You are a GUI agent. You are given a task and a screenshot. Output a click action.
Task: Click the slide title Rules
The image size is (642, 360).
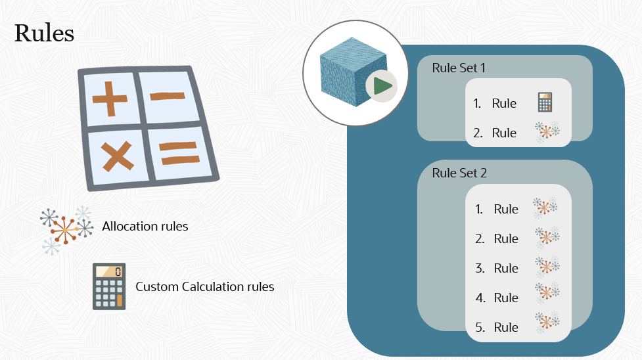coord(44,33)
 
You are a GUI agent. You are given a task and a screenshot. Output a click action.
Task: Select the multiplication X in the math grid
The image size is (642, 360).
coord(116,158)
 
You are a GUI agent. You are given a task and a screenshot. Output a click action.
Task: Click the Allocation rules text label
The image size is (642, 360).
coord(145,227)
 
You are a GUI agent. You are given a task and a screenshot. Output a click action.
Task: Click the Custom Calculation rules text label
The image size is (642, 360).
coord(205,286)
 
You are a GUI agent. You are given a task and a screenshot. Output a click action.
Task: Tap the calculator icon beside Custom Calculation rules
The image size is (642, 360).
coord(109,286)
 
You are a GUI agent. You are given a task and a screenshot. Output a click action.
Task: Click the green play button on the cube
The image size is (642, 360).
coord(382,85)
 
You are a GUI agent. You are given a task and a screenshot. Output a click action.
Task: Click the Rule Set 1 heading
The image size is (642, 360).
coord(459,68)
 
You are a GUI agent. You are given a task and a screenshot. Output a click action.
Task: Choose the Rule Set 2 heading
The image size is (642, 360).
coord(459,173)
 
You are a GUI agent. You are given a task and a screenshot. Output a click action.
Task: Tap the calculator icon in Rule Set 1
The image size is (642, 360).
coord(545,102)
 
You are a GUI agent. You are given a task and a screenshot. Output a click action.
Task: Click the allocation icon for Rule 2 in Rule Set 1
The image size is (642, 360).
coord(547,131)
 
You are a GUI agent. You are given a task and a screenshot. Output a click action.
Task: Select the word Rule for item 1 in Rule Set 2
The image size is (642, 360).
coord(506,209)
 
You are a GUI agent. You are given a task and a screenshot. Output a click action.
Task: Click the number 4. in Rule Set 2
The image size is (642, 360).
coord(480,298)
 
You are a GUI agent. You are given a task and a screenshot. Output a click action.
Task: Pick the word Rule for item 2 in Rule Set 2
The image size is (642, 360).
coord(506,238)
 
